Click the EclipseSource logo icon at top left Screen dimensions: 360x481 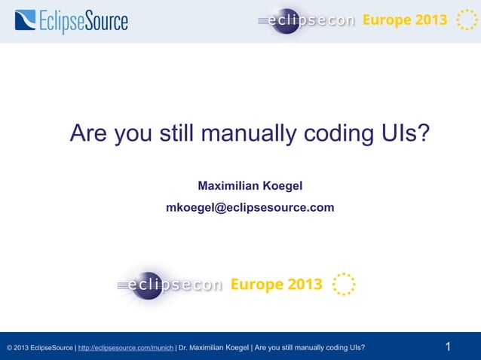click(25, 20)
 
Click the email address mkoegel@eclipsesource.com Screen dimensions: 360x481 click(250, 207)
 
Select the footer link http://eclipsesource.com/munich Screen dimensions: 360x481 click(126, 348)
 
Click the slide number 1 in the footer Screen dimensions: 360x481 click(448, 347)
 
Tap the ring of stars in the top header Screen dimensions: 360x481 click(461, 20)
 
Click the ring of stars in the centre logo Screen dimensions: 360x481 click(343, 285)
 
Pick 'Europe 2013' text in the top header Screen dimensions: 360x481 click(405, 20)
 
